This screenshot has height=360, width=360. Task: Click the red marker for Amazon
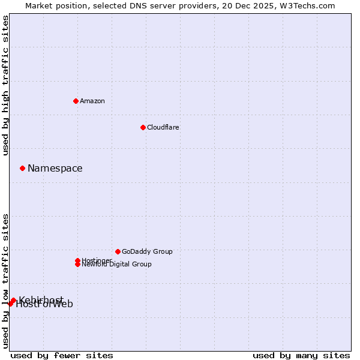(76, 101)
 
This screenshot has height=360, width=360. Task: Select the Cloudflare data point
(143, 127)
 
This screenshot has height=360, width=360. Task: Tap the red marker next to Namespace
(22, 168)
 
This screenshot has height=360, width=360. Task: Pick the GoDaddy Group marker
(118, 251)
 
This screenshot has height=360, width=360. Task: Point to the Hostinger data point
(77, 260)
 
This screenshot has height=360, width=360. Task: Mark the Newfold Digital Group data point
(77, 264)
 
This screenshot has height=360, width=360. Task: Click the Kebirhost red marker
(13, 300)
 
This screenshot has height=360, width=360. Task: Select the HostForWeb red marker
(10, 304)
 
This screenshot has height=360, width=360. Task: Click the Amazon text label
(92, 101)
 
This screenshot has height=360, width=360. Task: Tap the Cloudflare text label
(163, 127)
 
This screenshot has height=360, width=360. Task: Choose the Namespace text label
(55, 168)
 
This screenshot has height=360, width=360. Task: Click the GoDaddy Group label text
(147, 251)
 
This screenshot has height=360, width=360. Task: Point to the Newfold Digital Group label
(117, 265)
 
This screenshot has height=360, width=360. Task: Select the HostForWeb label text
(45, 305)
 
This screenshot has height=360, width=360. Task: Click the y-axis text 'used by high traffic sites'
(6, 85)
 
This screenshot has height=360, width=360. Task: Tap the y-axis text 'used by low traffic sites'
(6, 280)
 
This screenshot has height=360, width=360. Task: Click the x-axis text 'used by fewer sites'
(62, 355)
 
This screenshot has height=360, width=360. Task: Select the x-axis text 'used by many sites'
(301, 355)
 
